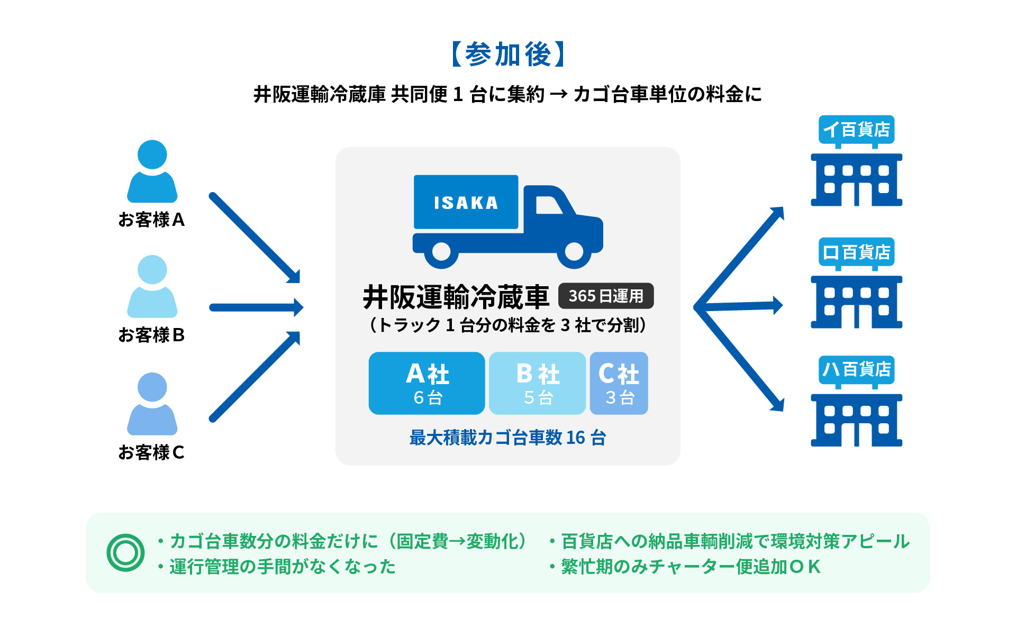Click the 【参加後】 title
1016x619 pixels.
[x=508, y=54]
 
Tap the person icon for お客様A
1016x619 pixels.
[x=152, y=172]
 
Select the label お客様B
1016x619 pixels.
[x=151, y=335]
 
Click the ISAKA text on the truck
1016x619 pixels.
[x=466, y=203]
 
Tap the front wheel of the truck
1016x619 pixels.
[x=574, y=252]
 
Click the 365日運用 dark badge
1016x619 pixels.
[x=606, y=296]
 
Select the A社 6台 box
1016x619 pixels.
[x=427, y=383]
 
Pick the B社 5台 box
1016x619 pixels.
[x=537, y=383]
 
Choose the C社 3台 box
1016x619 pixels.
[x=619, y=383]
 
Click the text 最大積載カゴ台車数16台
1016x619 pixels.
[x=507, y=438]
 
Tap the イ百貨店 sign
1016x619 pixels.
[x=856, y=130]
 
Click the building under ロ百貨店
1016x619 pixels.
[x=856, y=302]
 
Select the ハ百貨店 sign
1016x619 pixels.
[x=856, y=369]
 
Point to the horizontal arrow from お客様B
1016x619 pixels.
[x=256, y=307]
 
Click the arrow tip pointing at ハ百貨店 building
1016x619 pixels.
[x=778, y=405]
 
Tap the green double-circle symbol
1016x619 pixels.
[x=125, y=553]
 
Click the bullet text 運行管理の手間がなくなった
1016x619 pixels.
[x=282, y=567]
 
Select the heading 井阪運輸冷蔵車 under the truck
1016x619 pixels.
[x=456, y=297]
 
